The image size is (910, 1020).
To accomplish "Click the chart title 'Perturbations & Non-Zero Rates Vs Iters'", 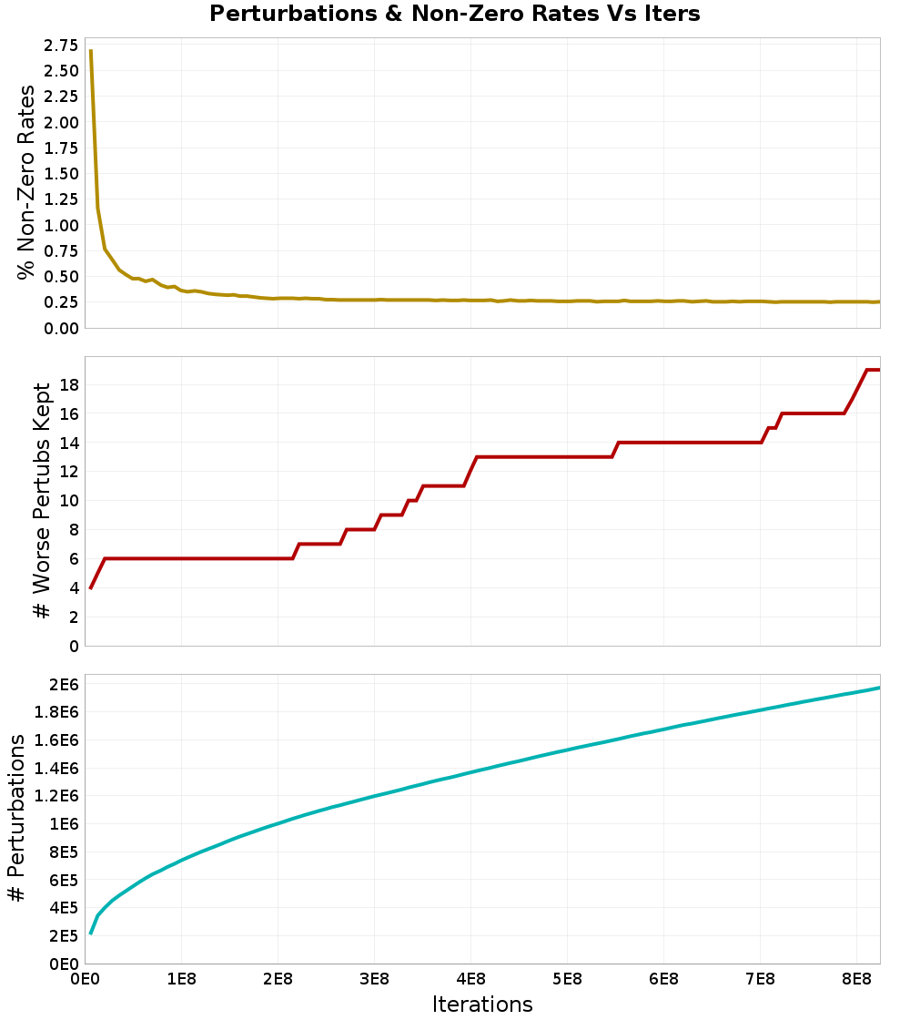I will point(455,14).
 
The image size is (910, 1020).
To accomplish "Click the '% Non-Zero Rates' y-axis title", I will point(26,182).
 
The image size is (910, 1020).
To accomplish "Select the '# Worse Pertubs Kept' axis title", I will point(42,501).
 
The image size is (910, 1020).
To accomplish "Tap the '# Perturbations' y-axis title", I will point(15,819).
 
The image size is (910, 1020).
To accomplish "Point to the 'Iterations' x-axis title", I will point(482,1004).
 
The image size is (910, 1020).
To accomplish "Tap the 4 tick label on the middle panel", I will point(73,587).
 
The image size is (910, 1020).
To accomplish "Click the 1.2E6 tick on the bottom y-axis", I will point(56,796).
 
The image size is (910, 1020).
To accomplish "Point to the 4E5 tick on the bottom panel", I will point(64,907).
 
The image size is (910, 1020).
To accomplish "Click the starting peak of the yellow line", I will point(91,51).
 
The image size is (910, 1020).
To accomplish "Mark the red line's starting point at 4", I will point(91,587).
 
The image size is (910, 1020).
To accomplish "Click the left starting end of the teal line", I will point(91,933).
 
